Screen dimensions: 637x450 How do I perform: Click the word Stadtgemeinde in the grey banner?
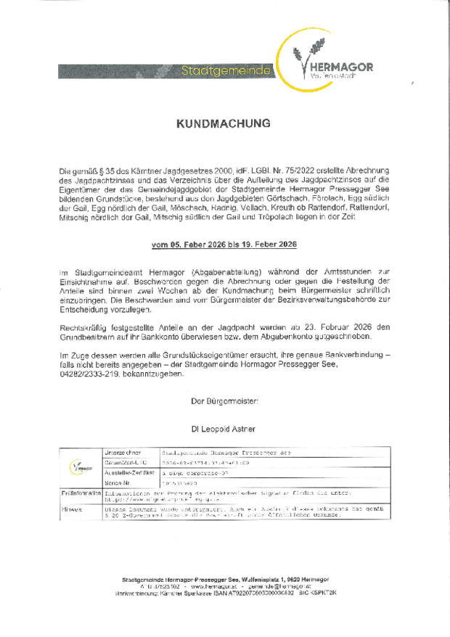[226, 71]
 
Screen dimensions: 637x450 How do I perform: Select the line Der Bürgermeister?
[224, 400]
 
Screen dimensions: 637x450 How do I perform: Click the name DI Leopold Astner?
[224, 430]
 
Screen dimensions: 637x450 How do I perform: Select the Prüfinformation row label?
[81, 493]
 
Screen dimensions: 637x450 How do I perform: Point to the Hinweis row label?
[71, 509]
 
